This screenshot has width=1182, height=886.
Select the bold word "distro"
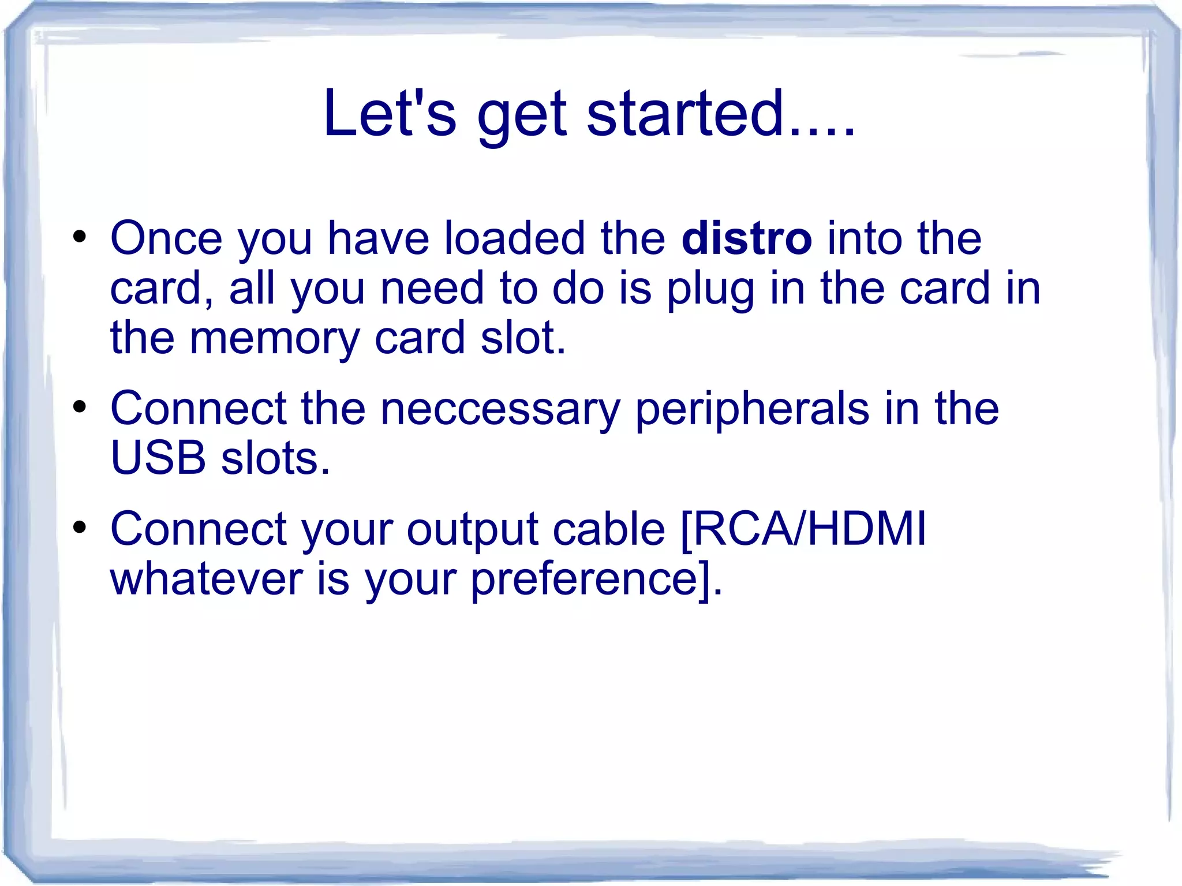(x=746, y=238)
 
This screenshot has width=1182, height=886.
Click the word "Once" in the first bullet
(x=166, y=238)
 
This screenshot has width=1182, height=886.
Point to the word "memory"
(x=275, y=339)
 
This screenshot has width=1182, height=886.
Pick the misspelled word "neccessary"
(x=500, y=409)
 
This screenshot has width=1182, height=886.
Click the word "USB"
(x=158, y=458)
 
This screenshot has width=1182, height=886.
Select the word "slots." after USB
(x=276, y=458)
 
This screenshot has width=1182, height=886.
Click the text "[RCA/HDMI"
(x=803, y=529)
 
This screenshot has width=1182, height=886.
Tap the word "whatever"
(x=206, y=579)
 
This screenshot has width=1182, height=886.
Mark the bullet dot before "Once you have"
(x=80, y=237)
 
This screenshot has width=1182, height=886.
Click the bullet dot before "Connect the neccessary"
(x=80, y=407)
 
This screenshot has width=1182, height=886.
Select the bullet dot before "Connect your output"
(x=80, y=527)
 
